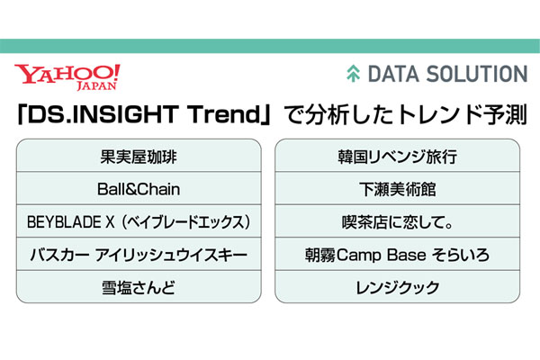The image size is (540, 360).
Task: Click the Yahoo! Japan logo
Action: click(67, 77)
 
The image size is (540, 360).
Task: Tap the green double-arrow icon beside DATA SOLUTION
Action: click(353, 74)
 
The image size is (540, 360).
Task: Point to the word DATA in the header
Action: click(394, 74)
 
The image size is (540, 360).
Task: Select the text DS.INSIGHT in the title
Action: click(103, 114)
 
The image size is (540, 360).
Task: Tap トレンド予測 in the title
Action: click(463, 114)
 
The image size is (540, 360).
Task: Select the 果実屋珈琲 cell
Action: click(139, 156)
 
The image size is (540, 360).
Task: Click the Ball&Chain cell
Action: click(139, 188)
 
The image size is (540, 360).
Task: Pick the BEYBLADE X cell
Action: click(139, 221)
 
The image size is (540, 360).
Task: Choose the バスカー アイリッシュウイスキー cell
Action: click(139, 254)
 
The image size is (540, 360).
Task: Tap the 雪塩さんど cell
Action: click(139, 287)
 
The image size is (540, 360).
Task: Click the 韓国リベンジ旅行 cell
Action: click(398, 156)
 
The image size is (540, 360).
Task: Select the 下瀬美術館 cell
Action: click(398, 188)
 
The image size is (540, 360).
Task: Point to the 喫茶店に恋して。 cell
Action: click(398, 221)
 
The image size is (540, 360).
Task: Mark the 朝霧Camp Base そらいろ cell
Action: click(398, 254)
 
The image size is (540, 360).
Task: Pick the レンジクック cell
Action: click(398, 287)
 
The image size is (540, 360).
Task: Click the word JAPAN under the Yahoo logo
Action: click(97, 85)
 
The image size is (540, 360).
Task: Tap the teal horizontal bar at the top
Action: click(270, 46)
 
